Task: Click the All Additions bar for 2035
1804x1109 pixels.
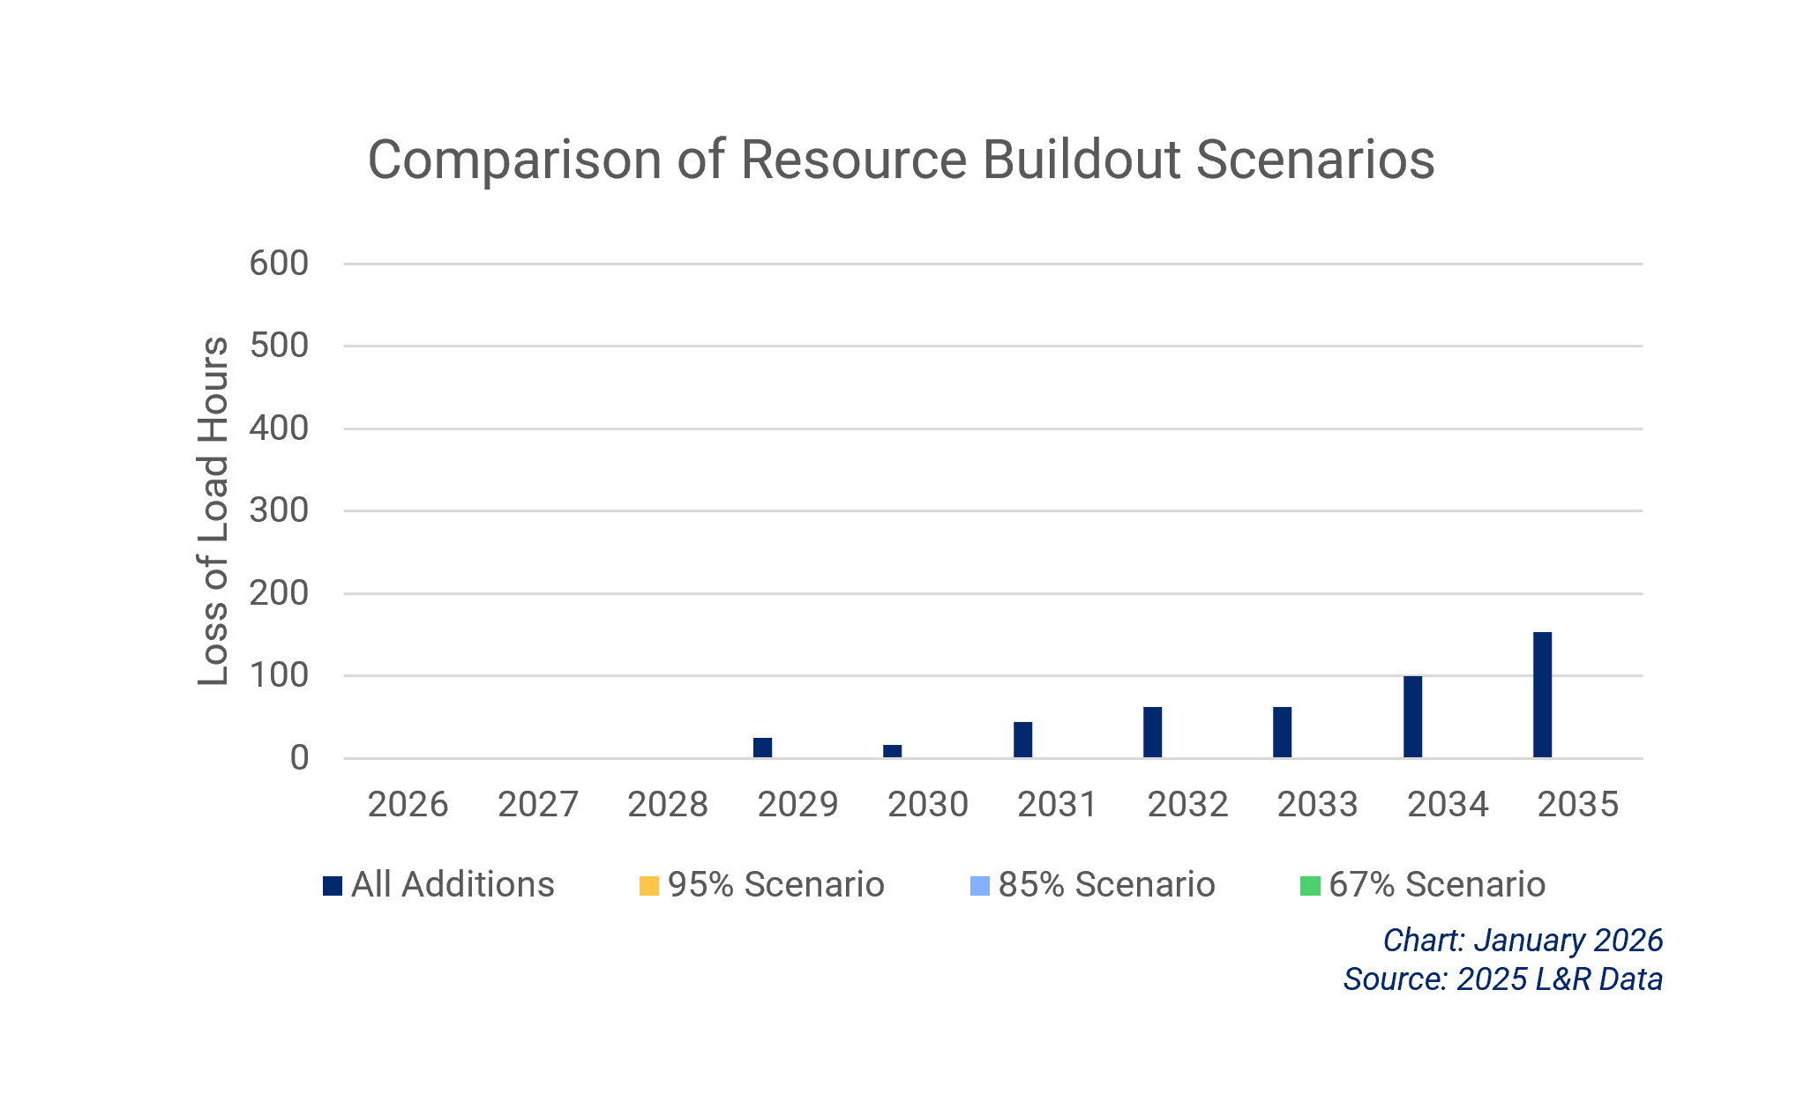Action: pyautogui.click(x=1542, y=695)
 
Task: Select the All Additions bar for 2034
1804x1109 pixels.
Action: pyautogui.click(x=1412, y=717)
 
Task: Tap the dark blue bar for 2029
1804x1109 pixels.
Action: pyautogui.click(x=762, y=748)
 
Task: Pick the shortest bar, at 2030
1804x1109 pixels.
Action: pyautogui.click(x=892, y=751)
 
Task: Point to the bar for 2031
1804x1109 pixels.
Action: pyautogui.click(x=1022, y=740)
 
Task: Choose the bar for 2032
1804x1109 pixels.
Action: pyautogui.click(x=1152, y=732)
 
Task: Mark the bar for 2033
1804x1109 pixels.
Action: pyautogui.click(x=1282, y=732)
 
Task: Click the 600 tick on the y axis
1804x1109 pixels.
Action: pyautogui.click(x=279, y=264)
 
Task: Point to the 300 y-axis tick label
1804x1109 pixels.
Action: pyautogui.click(x=279, y=510)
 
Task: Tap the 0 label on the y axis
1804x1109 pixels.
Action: pyautogui.click(x=299, y=758)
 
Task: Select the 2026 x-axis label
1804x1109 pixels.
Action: pyautogui.click(x=408, y=804)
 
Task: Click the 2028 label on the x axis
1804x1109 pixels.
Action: pyautogui.click(x=668, y=804)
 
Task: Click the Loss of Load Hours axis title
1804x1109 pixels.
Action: pyautogui.click(x=213, y=510)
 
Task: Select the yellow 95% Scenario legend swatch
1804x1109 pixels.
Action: pyautogui.click(x=649, y=885)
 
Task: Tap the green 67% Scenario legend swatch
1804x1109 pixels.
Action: pyautogui.click(x=1310, y=885)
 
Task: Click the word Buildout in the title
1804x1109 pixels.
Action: pyautogui.click(x=1081, y=160)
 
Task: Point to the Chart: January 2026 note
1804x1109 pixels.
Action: pyautogui.click(x=1523, y=941)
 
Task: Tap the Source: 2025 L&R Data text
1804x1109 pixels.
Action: pyautogui.click(x=1502, y=979)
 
